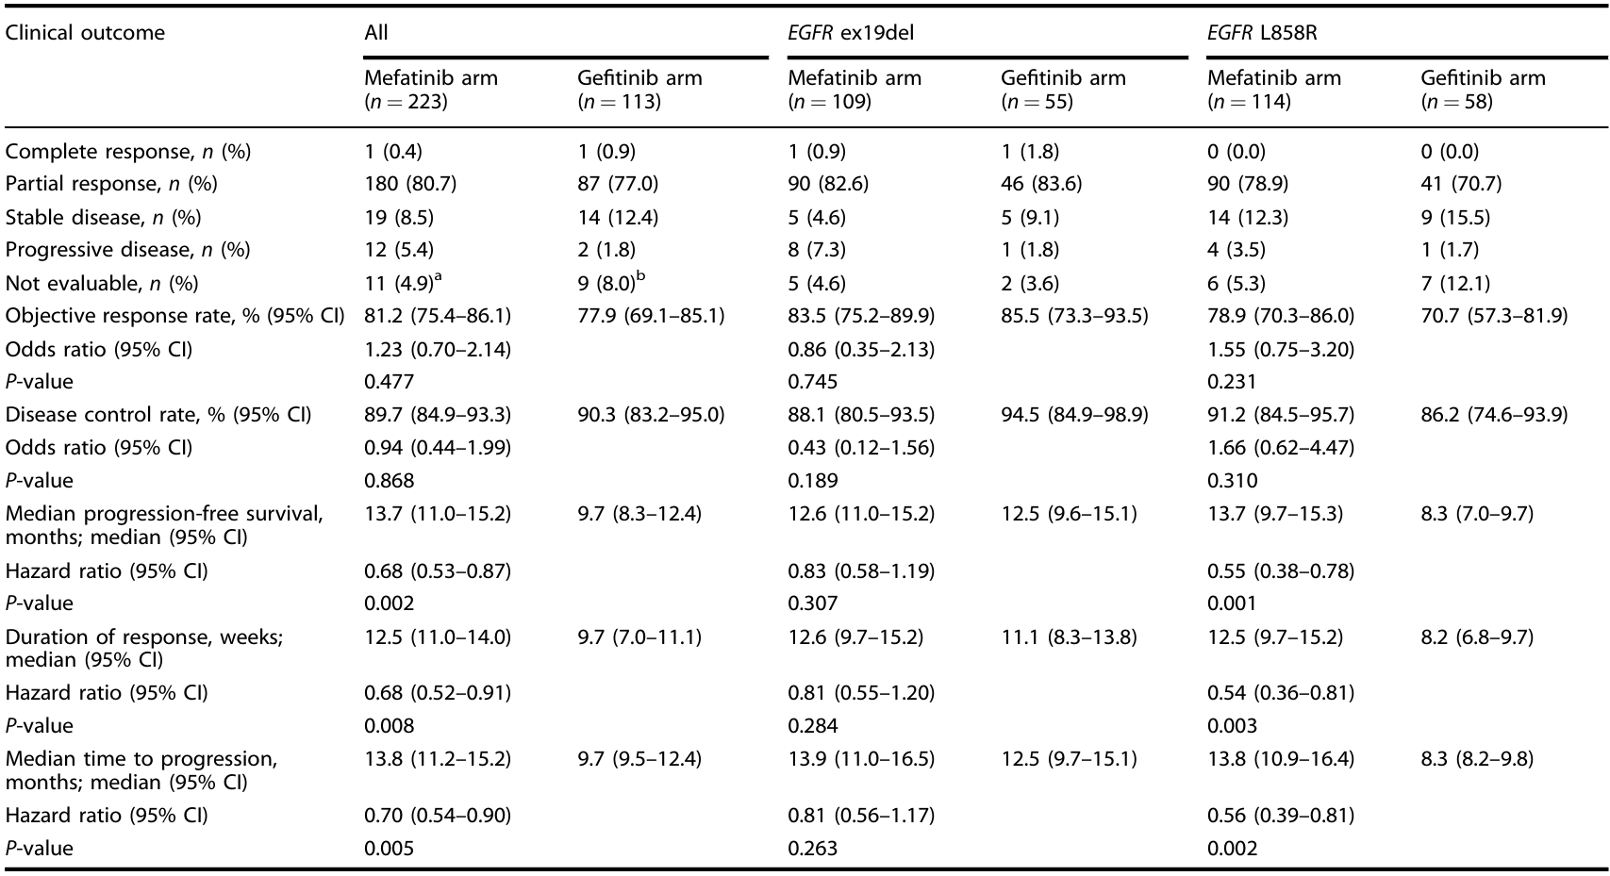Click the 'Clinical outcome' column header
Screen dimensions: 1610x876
85,33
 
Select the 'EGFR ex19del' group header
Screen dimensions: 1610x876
851,33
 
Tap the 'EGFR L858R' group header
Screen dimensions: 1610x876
1262,33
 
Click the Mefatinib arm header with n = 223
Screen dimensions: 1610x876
430,90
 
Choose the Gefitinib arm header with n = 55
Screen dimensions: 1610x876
1063,90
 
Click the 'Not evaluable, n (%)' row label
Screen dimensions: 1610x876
101,283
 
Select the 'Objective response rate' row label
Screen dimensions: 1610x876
174,316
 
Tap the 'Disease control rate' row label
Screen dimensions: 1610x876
158,415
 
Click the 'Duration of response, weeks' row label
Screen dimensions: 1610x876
144,648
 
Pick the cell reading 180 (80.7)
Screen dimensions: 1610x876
409,184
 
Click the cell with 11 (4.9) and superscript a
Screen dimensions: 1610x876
403,283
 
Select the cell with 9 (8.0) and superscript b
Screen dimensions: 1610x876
612,283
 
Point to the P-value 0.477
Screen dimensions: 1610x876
389,381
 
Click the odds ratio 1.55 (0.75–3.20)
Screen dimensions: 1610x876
1281,349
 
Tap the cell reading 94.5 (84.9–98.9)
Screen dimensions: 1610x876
1074,415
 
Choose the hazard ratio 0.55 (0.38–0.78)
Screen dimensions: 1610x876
1281,571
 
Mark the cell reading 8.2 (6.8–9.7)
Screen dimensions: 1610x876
1477,637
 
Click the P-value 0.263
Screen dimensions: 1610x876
813,849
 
